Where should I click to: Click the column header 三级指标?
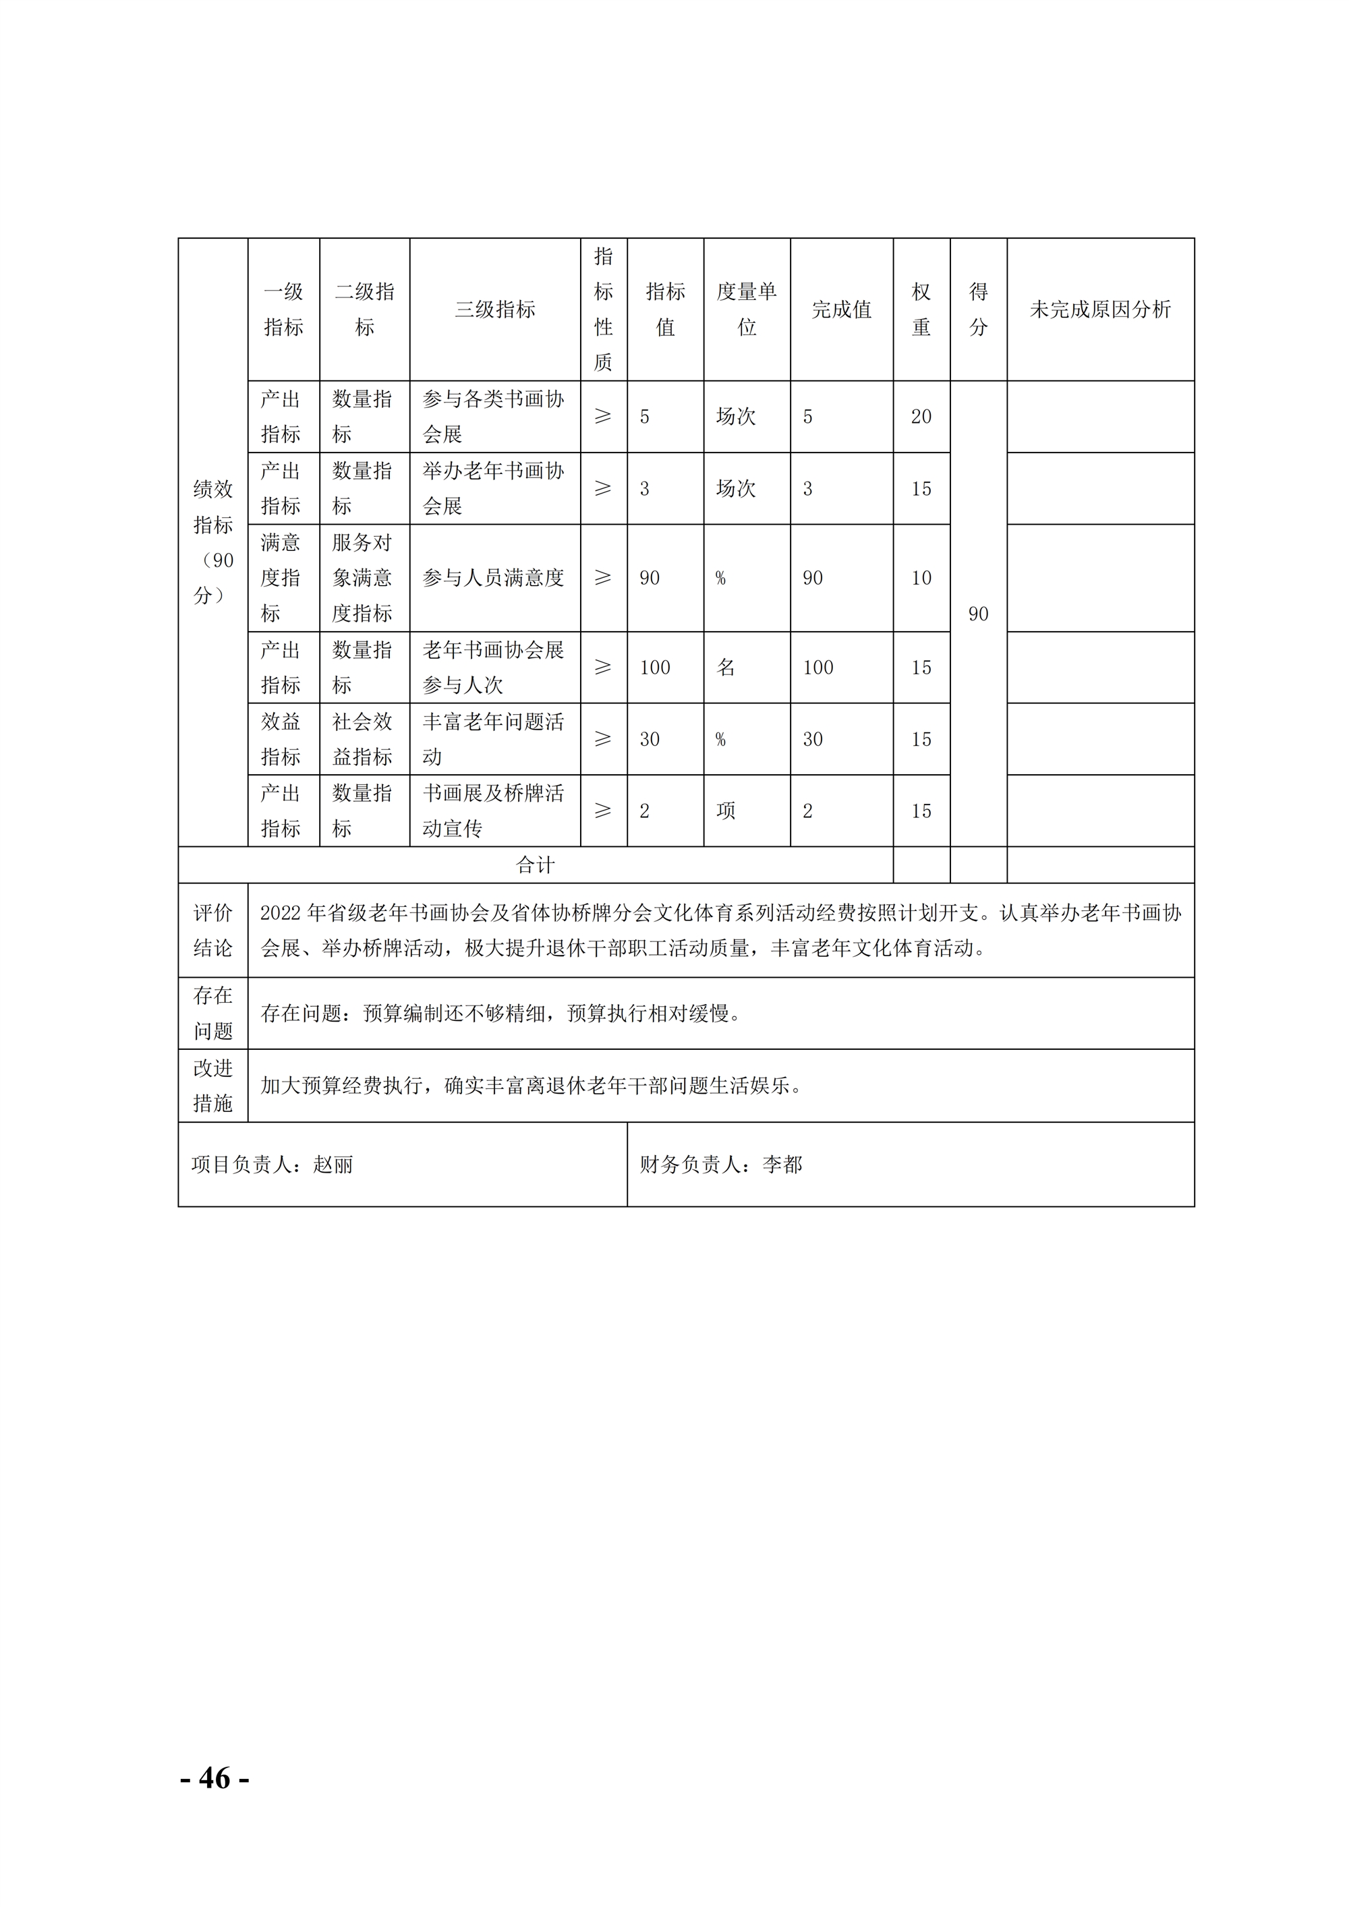coord(495,310)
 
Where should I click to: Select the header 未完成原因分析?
coord(1100,310)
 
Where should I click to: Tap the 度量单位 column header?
coord(746,310)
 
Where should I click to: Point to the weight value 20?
coord(921,417)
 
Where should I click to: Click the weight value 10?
coord(921,578)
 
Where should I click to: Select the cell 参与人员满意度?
coord(494,578)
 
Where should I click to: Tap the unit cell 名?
coord(726,668)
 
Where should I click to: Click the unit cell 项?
coord(726,811)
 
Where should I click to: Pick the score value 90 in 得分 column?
coord(978,614)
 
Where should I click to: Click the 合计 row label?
coord(535,865)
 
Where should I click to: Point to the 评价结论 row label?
coord(212,931)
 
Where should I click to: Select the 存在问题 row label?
coord(212,1014)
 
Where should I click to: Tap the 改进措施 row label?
coord(212,1086)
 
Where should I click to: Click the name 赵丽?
coord(333,1165)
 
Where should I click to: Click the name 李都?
coord(782,1165)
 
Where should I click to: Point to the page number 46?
coord(215,1778)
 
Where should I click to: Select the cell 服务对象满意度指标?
coord(362,578)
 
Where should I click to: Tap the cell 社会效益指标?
coord(362,739)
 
